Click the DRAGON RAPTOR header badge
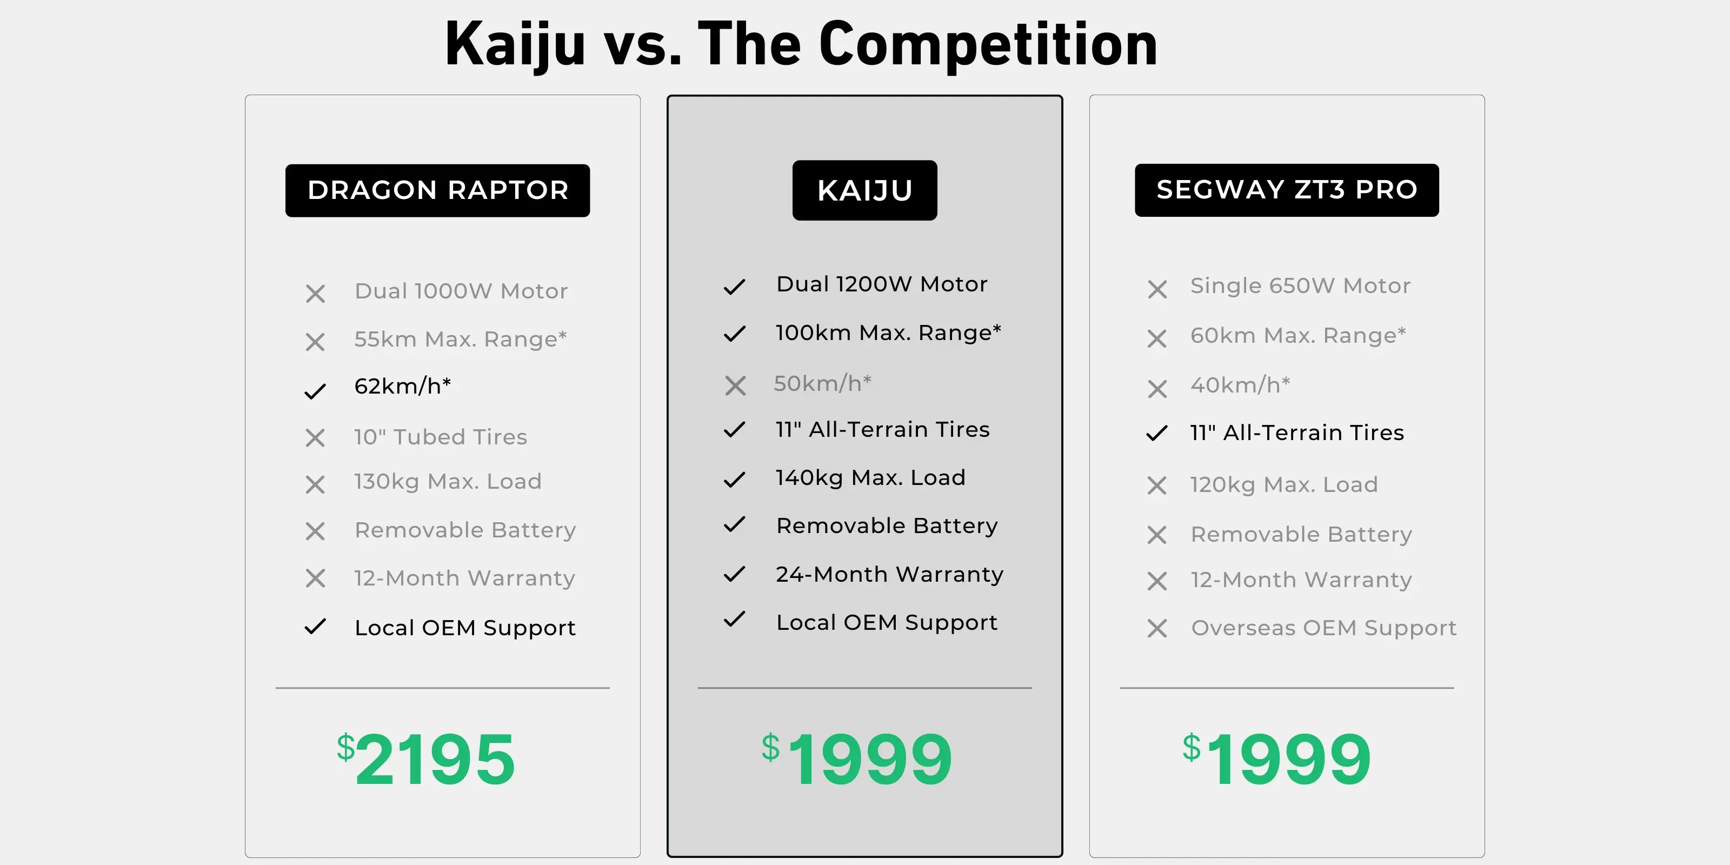click(437, 191)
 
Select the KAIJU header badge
click(864, 190)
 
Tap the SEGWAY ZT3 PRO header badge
click(1287, 190)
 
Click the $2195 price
click(426, 759)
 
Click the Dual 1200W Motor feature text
click(882, 284)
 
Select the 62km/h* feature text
click(403, 386)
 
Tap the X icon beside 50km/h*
click(735, 385)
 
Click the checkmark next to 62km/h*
click(315, 391)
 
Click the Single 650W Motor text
click(1300, 286)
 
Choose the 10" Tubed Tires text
click(441, 437)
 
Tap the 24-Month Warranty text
click(889, 574)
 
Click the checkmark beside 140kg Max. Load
click(735, 480)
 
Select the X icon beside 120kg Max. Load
click(1157, 485)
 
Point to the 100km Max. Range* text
click(888, 333)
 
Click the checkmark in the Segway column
click(1156, 433)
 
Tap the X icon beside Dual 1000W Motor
click(315, 294)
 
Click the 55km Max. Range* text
click(461, 339)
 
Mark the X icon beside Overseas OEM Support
click(1157, 629)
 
